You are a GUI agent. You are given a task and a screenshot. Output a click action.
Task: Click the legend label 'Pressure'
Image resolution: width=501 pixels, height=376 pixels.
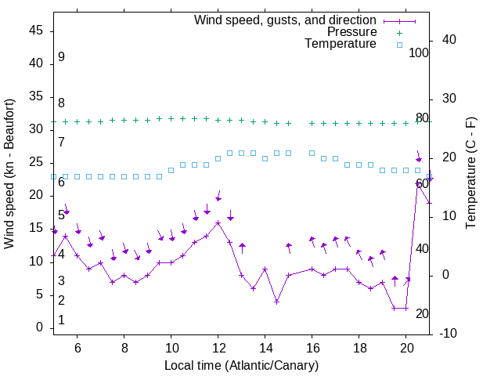(x=351, y=32)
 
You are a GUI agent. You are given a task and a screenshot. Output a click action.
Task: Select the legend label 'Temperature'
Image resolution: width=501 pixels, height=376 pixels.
(x=341, y=44)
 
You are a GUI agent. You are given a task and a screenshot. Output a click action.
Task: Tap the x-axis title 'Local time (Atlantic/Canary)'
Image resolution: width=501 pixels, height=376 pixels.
(x=241, y=366)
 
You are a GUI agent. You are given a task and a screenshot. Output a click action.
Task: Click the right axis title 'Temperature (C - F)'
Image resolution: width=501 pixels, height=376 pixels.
(x=470, y=174)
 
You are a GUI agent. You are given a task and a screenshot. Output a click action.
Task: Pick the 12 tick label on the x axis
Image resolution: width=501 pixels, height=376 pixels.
(x=218, y=347)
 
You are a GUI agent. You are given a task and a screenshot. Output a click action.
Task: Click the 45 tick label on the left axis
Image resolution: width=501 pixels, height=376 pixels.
(x=37, y=31)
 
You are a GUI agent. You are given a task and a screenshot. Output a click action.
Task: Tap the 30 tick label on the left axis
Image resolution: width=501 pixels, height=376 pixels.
(x=37, y=129)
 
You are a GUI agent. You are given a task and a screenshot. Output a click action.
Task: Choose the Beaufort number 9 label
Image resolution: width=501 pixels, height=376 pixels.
(x=61, y=57)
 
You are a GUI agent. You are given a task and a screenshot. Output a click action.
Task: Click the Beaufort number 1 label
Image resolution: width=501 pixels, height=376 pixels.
(x=61, y=320)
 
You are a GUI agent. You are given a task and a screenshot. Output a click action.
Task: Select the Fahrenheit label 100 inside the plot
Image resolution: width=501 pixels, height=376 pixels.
(x=419, y=52)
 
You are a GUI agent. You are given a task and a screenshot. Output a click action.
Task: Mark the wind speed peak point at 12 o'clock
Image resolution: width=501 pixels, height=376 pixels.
(x=218, y=222)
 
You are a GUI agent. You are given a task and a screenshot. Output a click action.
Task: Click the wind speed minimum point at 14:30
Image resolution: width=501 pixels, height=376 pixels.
(x=277, y=302)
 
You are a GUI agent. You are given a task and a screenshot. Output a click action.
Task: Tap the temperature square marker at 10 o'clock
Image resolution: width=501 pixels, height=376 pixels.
(x=171, y=170)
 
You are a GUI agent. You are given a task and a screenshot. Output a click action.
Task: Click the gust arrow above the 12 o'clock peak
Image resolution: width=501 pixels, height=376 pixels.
(x=218, y=196)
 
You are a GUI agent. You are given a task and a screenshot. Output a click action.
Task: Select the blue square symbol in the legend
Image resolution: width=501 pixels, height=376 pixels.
(x=398, y=45)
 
